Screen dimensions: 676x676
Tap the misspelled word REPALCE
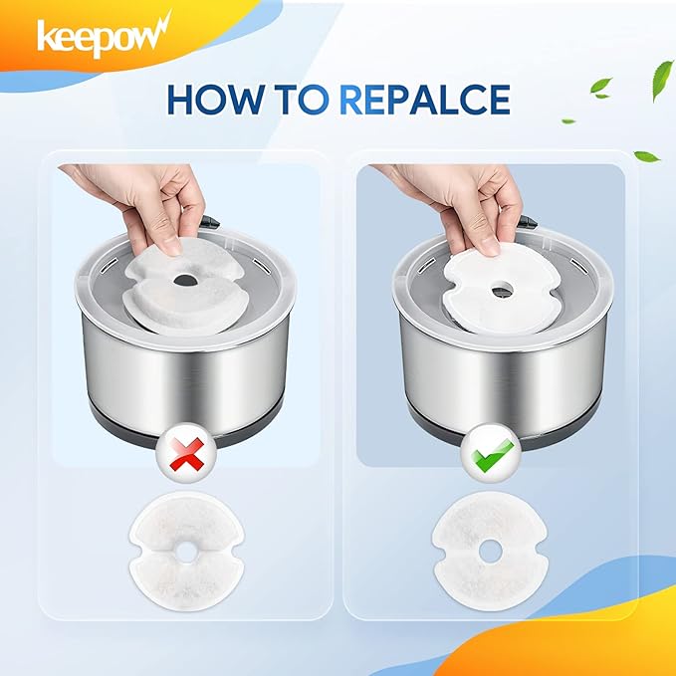(425, 100)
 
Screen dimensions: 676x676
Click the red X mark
(187, 454)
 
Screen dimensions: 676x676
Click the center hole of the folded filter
(185, 281)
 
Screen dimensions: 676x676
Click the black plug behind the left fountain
(210, 221)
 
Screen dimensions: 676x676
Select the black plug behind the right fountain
(528, 221)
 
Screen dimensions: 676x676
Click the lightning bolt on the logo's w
(161, 25)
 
